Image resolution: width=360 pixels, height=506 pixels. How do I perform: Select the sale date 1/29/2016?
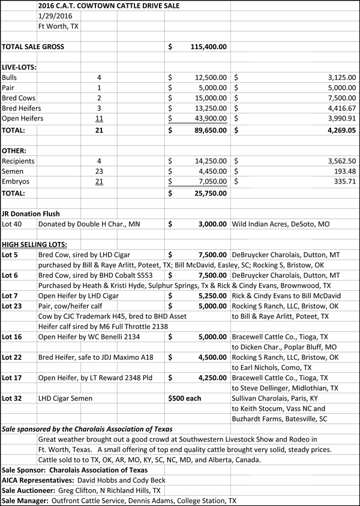point(53,16)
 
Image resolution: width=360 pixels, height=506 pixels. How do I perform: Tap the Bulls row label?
point(10,77)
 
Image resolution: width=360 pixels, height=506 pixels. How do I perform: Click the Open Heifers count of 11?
point(100,118)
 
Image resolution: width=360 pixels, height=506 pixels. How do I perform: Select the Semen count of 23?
point(100,172)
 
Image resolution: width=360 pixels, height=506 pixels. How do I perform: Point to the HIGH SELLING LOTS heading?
point(34,244)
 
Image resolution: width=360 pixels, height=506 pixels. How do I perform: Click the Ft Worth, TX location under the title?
point(58,26)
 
